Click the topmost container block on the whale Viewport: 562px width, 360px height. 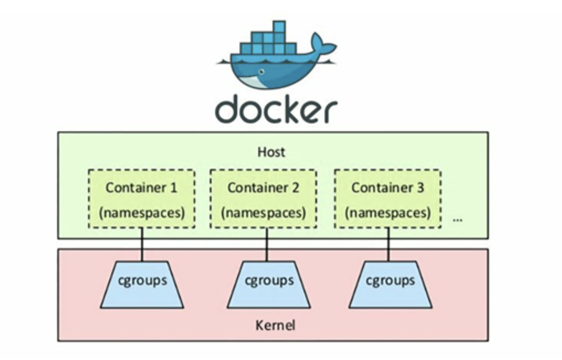279,27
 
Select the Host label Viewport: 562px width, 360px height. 272,151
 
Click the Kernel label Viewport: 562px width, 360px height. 275,325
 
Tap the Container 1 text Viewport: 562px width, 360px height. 141,188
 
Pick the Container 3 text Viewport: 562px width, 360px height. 388,188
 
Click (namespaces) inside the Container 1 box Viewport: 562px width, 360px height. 141,213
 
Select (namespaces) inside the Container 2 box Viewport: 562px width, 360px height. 263,213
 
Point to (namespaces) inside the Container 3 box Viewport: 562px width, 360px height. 388,213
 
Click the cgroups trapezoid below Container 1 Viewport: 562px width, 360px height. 142,284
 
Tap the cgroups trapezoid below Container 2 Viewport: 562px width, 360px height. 268,284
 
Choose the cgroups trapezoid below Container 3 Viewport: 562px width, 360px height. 390,284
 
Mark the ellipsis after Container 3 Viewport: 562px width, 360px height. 457,219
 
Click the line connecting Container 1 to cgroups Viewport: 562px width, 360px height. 142,245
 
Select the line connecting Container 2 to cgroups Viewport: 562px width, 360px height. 267,245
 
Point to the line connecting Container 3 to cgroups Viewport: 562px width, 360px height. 388,245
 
